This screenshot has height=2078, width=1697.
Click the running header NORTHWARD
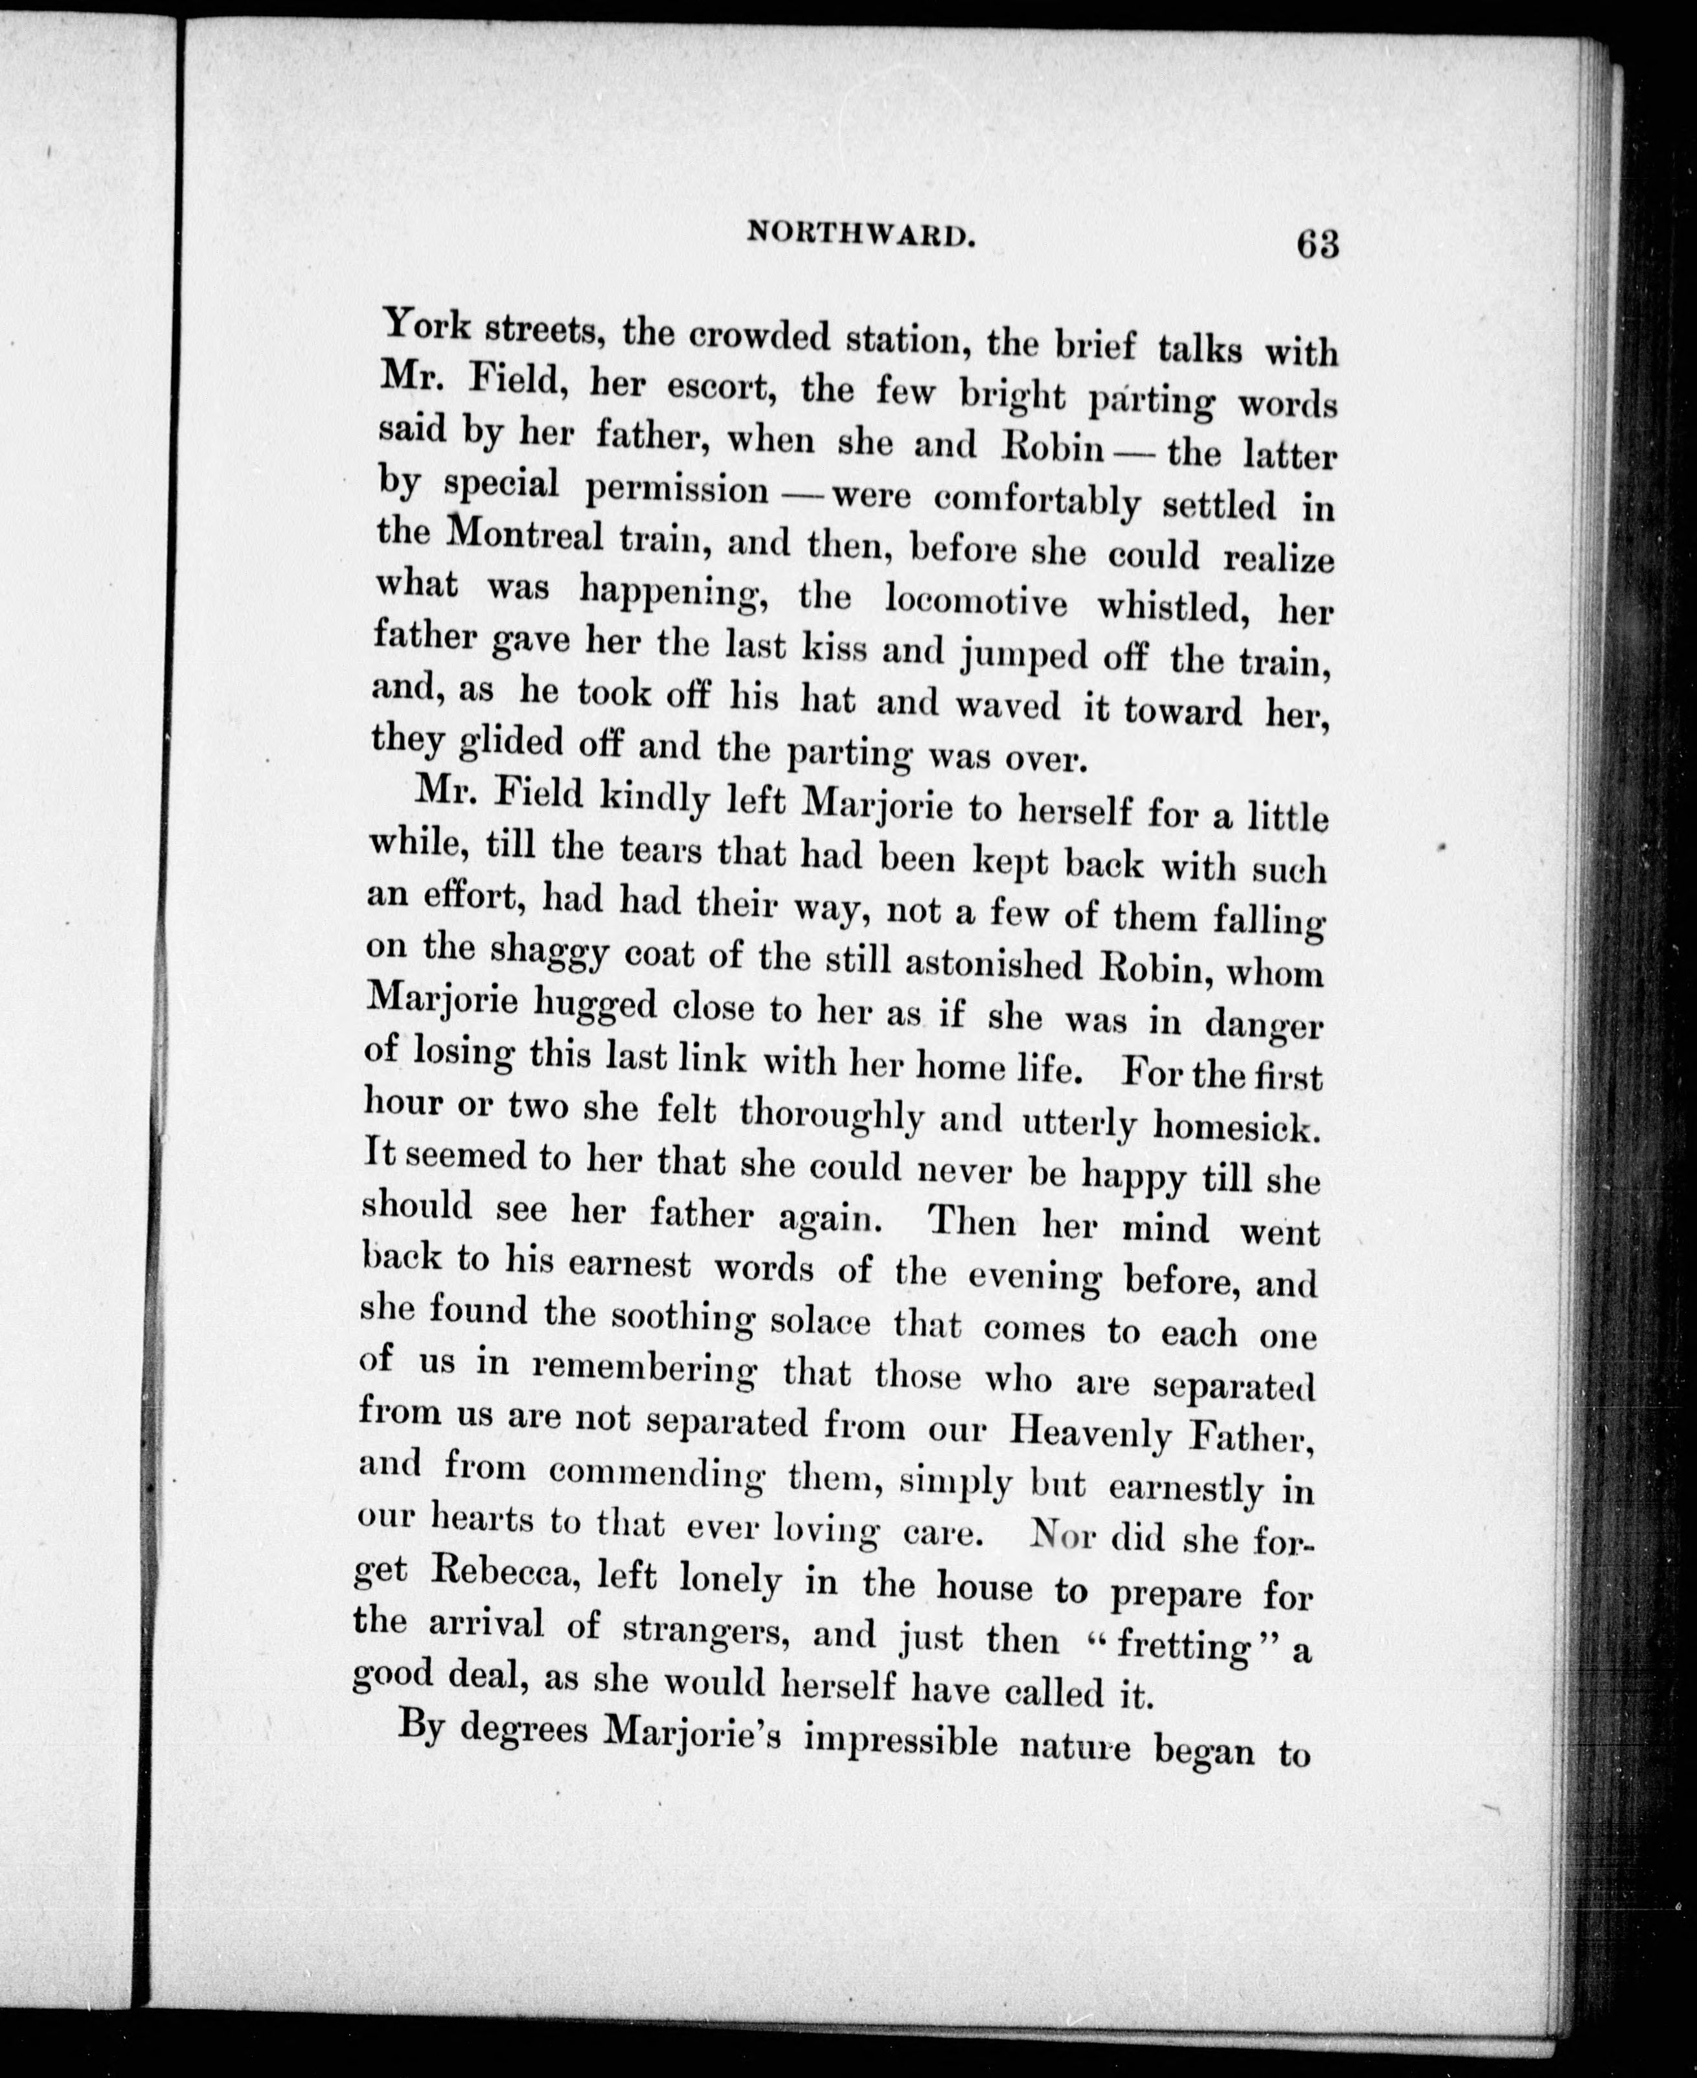pos(861,234)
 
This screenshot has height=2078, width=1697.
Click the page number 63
pos(1317,242)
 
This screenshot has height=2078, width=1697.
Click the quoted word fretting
pos(1186,1646)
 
